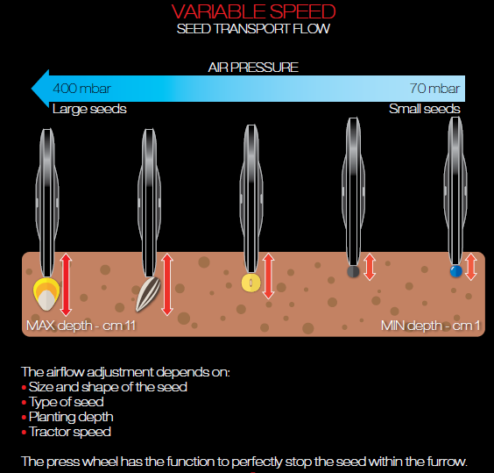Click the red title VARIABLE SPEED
click(x=254, y=11)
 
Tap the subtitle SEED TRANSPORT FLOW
click(x=253, y=29)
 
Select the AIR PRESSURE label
click(x=253, y=68)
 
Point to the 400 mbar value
click(x=82, y=89)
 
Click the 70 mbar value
click(x=434, y=89)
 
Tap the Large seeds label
click(x=89, y=109)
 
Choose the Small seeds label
click(x=425, y=109)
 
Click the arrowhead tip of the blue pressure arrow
click(x=32, y=89)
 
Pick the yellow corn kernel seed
click(x=46, y=294)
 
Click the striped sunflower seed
click(x=148, y=294)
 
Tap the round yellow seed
click(x=251, y=283)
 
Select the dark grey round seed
click(x=353, y=271)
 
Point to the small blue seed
click(x=455, y=271)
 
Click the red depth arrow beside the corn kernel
click(x=66, y=284)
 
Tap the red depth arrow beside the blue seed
click(x=471, y=267)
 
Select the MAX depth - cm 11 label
click(x=81, y=326)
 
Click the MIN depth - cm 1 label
click(x=430, y=326)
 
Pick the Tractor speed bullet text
click(x=70, y=432)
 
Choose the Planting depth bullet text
click(x=71, y=417)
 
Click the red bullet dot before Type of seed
click(x=24, y=403)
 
